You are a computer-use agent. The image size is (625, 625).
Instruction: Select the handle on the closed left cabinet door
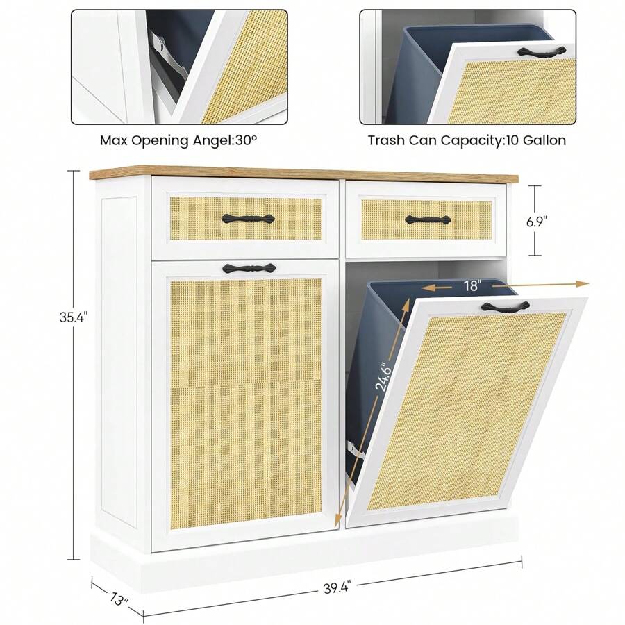tap(249, 267)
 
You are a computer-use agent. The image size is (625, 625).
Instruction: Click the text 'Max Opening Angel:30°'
tap(178, 140)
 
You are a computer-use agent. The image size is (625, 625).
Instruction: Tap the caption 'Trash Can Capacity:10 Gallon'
tap(467, 140)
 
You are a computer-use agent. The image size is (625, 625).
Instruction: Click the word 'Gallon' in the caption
tap(544, 140)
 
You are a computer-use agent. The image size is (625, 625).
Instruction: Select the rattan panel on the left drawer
tap(247, 218)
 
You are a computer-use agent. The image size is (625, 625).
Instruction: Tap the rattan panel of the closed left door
tap(247, 403)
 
